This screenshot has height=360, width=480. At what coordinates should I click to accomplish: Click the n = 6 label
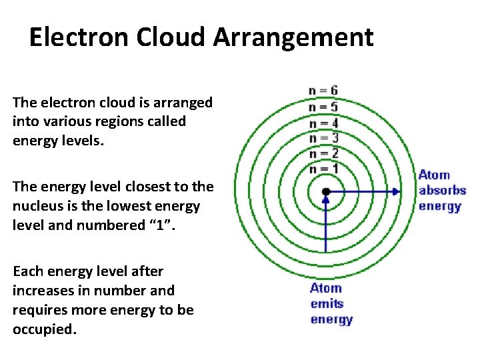[323, 91]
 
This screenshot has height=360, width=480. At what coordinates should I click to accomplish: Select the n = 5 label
[323, 107]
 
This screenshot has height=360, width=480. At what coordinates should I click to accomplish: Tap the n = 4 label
[323, 123]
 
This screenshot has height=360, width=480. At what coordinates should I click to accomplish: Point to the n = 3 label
[323, 138]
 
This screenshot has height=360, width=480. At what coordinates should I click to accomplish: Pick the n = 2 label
[323, 153]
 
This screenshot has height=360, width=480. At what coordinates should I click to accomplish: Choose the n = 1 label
[323, 169]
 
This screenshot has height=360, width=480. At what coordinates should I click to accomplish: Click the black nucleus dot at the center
[325, 192]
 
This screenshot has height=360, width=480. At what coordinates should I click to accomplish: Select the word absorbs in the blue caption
[442, 191]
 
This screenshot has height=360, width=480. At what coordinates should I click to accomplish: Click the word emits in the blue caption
[327, 304]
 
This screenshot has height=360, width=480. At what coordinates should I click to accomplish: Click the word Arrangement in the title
[293, 37]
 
